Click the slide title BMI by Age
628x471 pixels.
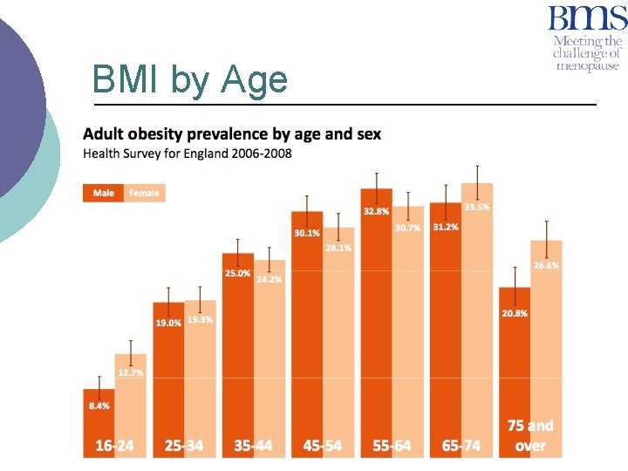189,81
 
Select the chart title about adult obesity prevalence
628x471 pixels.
231,134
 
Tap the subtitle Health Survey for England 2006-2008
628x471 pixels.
188,154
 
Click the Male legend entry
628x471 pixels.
104,193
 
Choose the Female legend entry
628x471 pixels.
144,193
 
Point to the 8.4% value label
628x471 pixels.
99,406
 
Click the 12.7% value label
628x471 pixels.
131,372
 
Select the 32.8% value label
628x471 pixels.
377,212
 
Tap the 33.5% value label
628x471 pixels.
477,207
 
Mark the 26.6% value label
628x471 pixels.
546,265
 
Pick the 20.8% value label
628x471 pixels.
515,313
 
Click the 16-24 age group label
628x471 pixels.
115,446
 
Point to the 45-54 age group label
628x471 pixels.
323,446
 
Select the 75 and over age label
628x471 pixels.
530,435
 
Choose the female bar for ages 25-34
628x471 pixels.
200,384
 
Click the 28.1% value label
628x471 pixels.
338,248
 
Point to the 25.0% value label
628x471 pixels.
237,273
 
